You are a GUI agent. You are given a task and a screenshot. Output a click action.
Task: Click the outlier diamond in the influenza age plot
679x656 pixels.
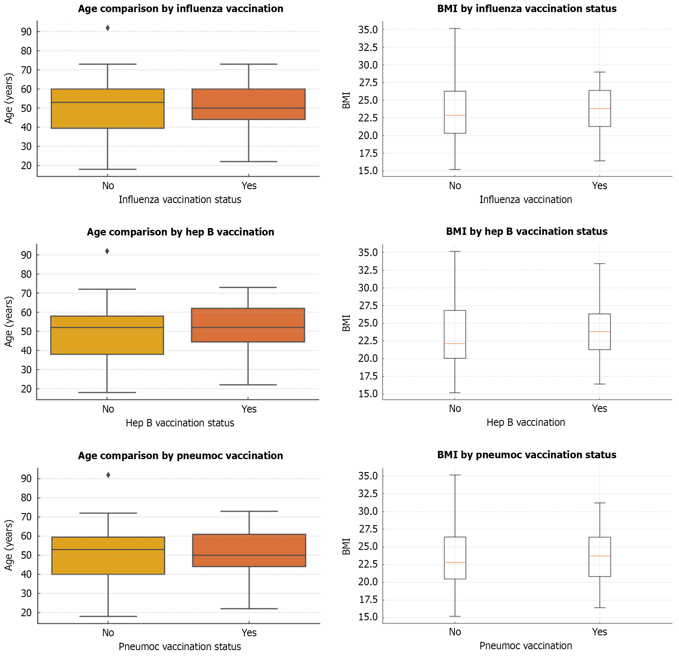pos(108,28)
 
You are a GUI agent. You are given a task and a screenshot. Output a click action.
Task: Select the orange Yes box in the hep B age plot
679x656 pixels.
pos(248,325)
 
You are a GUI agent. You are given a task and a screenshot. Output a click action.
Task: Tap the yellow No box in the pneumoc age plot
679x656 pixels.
pos(108,556)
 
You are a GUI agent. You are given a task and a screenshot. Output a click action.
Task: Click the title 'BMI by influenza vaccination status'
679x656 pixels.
pos(527,9)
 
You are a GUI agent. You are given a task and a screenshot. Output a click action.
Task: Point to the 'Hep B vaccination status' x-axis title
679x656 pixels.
pos(180,423)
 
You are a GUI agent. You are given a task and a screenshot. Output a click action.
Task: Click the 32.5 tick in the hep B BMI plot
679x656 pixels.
pos(368,270)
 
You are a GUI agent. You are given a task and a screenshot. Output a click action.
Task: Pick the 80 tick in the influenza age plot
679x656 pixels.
pos(26,51)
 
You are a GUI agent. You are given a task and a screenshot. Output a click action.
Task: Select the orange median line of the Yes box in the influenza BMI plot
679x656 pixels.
pos(600,108)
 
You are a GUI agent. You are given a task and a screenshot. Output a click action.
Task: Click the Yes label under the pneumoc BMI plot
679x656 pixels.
pos(599,632)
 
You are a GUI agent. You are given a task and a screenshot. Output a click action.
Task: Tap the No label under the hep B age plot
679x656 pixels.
pos(108,409)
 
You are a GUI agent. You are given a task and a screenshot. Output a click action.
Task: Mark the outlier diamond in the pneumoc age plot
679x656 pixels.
pos(108,475)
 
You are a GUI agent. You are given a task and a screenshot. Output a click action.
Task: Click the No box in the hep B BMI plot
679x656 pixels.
pos(455,334)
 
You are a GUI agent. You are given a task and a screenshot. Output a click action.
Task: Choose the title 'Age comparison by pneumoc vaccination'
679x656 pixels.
pos(181,455)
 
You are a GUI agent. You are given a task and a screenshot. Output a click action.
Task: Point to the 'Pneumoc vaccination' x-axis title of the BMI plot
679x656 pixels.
pos(526,646)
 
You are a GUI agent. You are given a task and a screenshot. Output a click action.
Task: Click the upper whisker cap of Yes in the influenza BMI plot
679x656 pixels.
pos(600,72)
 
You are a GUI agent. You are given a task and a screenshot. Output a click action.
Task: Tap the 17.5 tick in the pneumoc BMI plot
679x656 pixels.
pos(368,599)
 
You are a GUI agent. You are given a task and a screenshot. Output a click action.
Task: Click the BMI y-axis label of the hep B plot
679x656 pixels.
pos(346,323)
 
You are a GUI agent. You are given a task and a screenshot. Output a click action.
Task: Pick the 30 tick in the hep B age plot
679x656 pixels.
pos(26,370)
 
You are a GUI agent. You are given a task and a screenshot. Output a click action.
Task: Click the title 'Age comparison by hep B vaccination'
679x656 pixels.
pos(181,232)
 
